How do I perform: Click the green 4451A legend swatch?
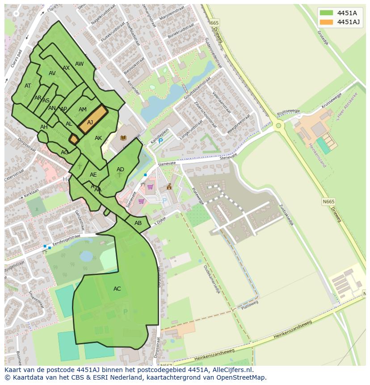(x=326, y=13)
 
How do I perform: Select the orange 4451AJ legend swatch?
(x=326, y=22)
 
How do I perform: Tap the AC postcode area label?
(x=117, y=289)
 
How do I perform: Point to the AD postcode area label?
(x=120, y=169)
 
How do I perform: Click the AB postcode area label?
(x=138, y=223)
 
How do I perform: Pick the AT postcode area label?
(x=28, y=86)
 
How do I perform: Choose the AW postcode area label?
(x=79, y=64)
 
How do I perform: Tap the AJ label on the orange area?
(x=90, y=123)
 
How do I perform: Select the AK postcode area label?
(x=98, y=138)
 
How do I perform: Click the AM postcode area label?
(x=83, y=110)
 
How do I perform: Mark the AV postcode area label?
(x=52, y=73)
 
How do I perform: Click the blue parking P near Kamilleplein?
(x=161, y=141)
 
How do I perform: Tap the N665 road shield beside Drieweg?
(x=328, y=202)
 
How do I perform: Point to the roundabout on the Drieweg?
(x=279, y=126)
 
